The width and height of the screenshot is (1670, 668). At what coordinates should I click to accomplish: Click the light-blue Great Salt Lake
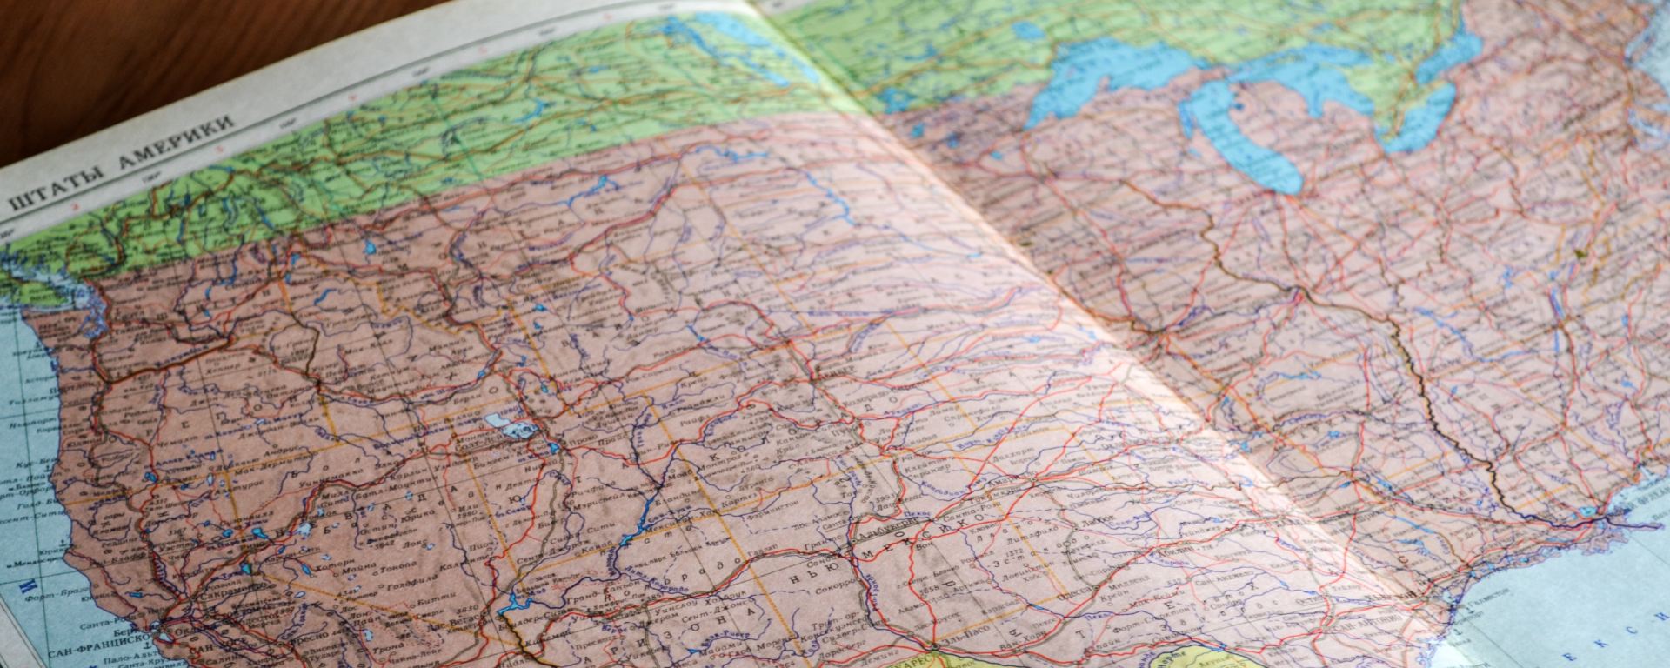504,427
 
